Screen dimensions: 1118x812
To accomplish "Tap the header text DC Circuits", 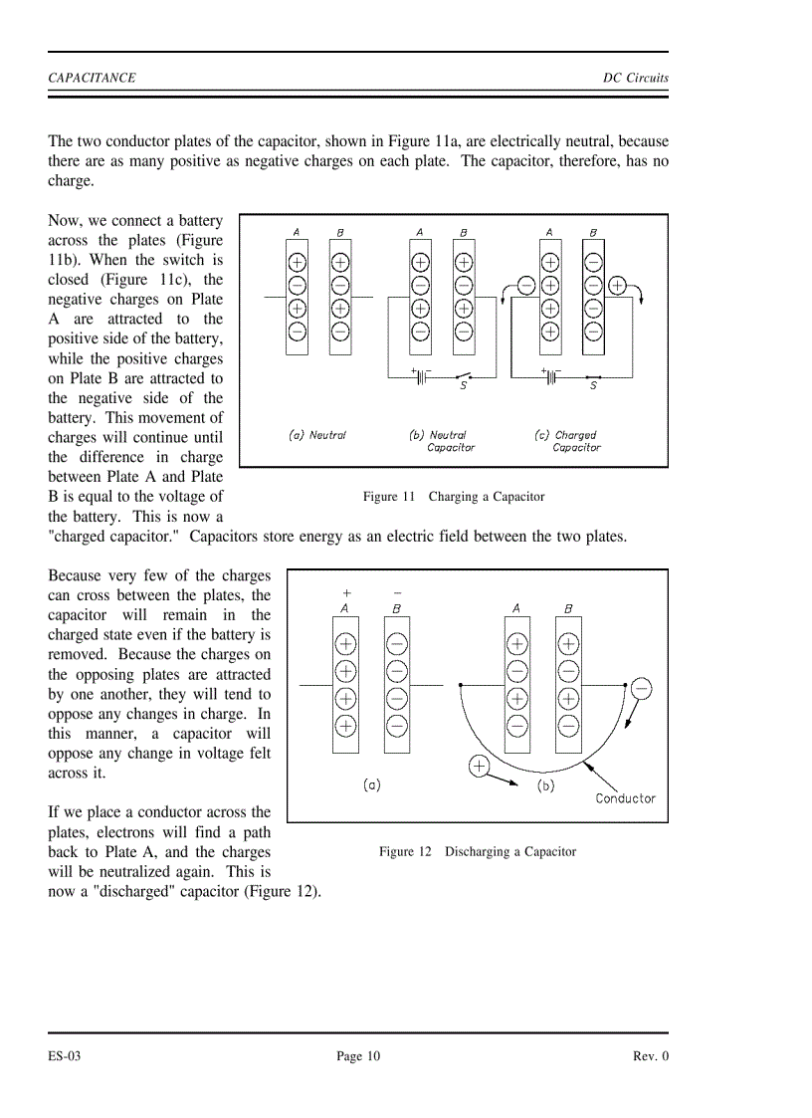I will click(636, 78).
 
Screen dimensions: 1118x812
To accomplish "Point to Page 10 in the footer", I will click(358, 1056).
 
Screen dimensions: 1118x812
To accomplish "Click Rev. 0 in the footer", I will click(651, 1056).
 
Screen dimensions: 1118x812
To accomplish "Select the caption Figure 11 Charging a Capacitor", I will click(454, 496).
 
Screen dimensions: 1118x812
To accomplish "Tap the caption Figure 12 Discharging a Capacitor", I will click(477, 851).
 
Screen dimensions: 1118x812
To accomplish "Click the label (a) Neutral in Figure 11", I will click(316, 435).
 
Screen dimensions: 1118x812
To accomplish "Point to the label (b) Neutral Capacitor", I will click(441, 441).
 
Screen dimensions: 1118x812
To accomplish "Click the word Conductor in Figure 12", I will click(625, 797).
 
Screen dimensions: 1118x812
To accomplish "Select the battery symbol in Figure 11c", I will click(548, 376).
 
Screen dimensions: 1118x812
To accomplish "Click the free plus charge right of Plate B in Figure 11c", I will click(617, 286).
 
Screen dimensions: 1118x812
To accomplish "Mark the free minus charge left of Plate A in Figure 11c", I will click(526, 286).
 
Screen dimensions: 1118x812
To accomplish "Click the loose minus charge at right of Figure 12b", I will click(642, 689).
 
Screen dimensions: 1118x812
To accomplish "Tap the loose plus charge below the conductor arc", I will click(479, 766).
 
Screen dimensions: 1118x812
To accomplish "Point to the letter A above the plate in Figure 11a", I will click(297, 233).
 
